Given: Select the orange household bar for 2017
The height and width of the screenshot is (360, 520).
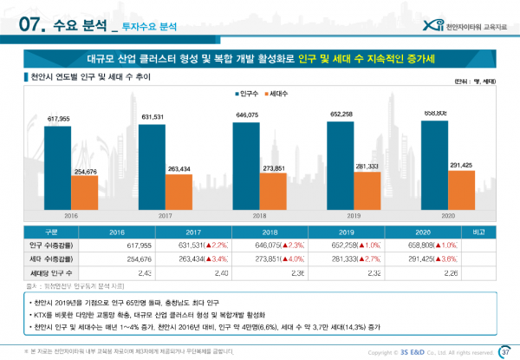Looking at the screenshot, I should tap(178, 191).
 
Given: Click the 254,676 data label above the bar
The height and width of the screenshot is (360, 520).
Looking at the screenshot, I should tap(83, 172).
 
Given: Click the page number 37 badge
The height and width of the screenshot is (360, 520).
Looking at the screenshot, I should tap(505, 351).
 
